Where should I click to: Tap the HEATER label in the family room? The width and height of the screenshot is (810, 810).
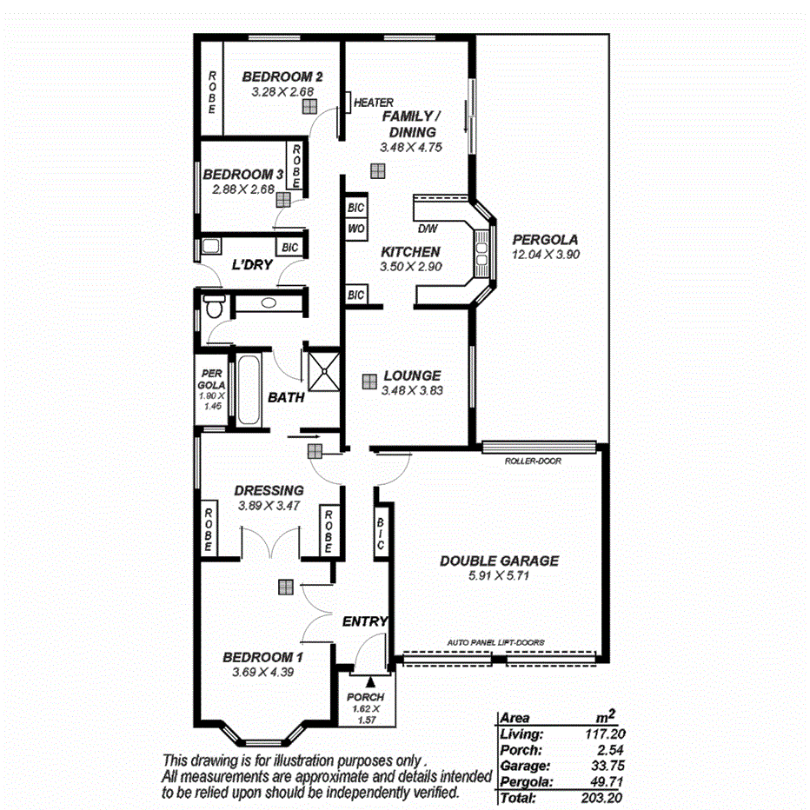pos(374,103)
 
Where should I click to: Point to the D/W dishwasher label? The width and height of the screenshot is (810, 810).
pos(428,229)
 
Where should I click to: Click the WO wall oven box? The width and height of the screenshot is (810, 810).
pos(355,229)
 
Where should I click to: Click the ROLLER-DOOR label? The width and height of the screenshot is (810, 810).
pos(533,461)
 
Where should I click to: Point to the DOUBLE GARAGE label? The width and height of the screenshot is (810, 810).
pos(499,561)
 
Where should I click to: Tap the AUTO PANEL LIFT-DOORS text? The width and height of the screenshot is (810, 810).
pos(496,642)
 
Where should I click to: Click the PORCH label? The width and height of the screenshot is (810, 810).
pos(365,697)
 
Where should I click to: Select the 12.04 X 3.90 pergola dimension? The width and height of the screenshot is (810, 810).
pos(545,255)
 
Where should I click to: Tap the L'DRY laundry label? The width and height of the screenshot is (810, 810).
pos(252,264)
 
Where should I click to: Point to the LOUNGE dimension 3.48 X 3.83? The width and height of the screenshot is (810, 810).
pos(411,390)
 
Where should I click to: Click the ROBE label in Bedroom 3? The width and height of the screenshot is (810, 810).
pos(296,167)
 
